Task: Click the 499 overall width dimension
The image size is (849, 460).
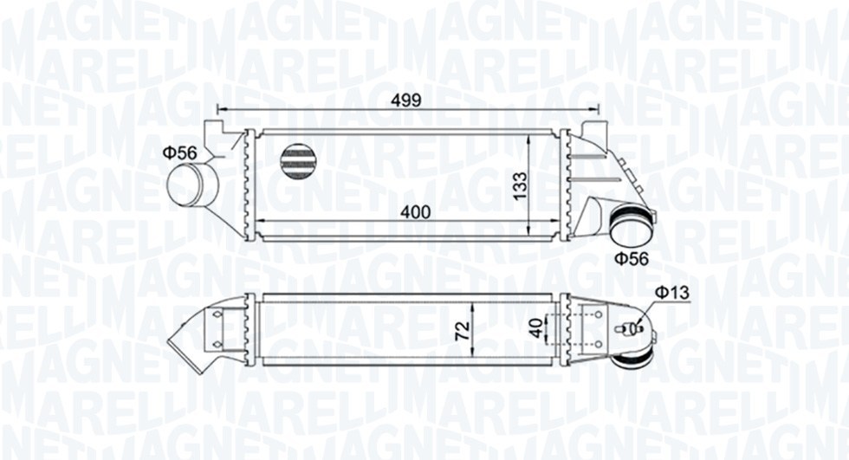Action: click(x=405, y=100)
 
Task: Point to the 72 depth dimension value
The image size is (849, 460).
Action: click(x=463, y=328)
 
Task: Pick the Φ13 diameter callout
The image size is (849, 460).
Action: click(x=671, y=294)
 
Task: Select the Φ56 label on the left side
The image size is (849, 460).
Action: click(x=180, y=152)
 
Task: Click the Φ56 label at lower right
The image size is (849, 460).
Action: click(x=632, y=257)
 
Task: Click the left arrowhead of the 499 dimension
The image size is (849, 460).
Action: click(x=220, y=109)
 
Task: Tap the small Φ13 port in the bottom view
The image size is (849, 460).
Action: click(x=633, y=327)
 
